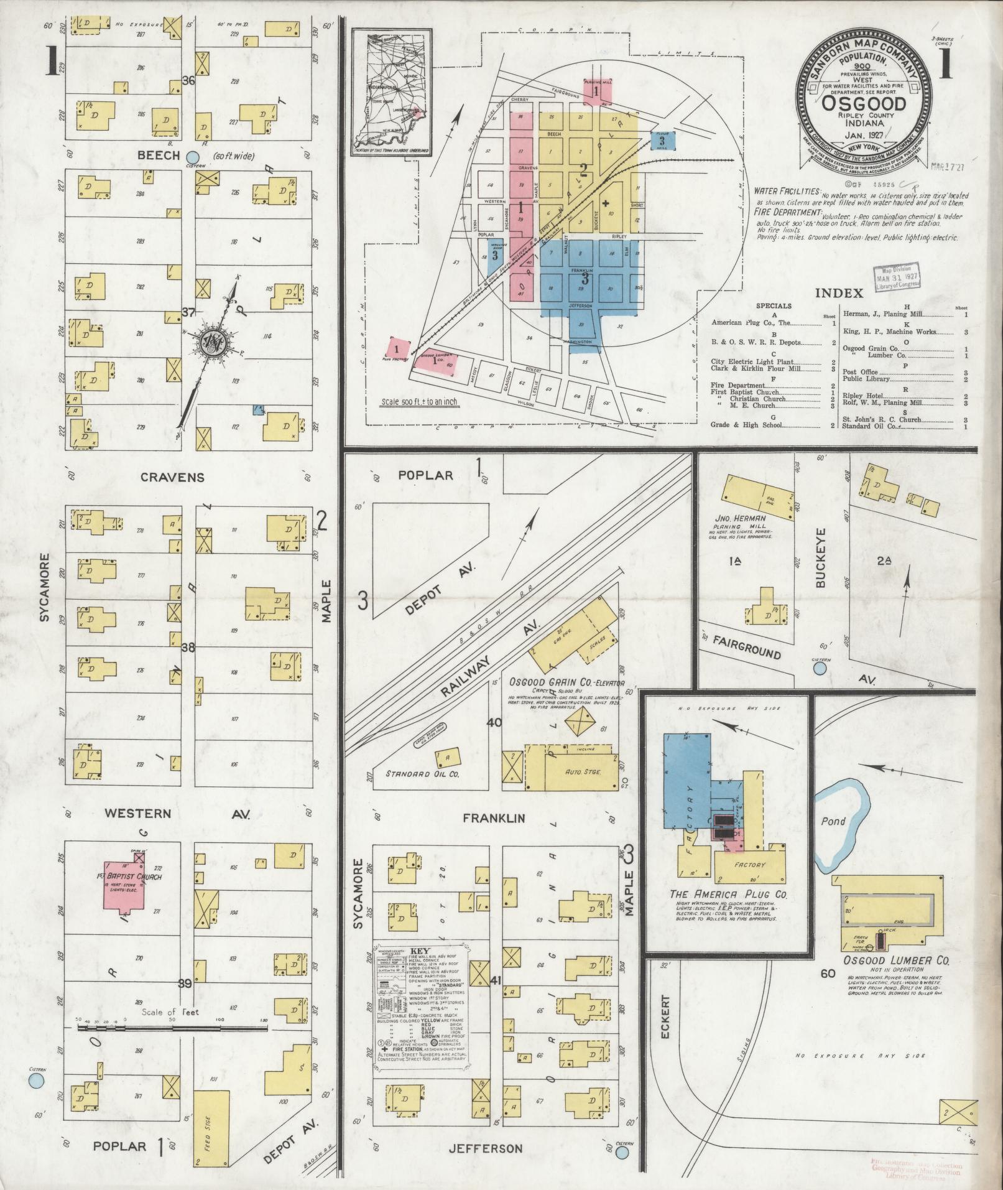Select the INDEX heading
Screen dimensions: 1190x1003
click(x=838, y=293)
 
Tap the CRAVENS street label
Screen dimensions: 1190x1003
click(x=164, y=477)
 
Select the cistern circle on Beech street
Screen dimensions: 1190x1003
click(x=193, y=157)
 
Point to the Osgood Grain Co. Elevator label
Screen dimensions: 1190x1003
click(x=566, y=682)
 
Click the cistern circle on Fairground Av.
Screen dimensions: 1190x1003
click(x=820, y=667)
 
